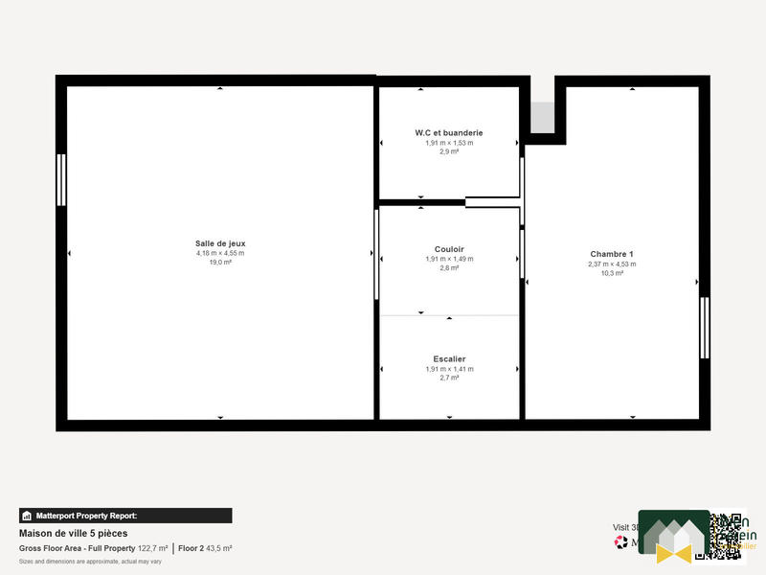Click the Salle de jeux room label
220,243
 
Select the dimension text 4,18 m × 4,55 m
220,253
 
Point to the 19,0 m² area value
220,262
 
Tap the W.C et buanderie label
449,132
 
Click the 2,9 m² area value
449,151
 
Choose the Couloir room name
449,249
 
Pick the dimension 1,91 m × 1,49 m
449,259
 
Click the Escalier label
449,359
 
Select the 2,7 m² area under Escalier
449,378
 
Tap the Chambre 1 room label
612,254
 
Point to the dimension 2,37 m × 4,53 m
612,264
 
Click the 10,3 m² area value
612,273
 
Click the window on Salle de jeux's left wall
61,179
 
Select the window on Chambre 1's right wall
704,328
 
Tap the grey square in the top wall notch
542,118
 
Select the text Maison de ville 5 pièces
73,533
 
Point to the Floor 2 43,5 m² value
205,548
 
